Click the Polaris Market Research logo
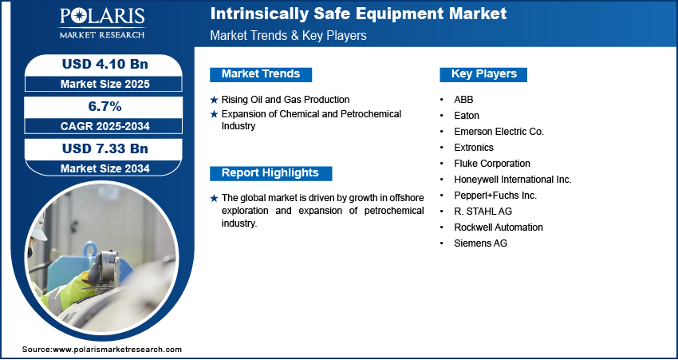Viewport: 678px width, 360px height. [x=102, y=23]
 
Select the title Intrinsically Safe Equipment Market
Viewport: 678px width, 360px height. [x=358, y=14]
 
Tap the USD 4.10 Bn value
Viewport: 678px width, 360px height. [x=105, y=64]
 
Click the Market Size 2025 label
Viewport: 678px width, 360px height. [x=105, y=84]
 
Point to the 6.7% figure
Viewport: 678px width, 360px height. [x=104, y=106]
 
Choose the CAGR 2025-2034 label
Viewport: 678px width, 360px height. [x=105, y=126]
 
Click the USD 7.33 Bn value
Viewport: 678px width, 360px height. [x=105, y=148]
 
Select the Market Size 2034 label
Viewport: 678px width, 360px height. [x=105, y=168]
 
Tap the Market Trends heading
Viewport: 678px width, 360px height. [x=261, y=74]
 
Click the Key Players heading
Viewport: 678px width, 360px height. [x=483, y=74]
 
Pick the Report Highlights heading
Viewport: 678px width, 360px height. [x=270, y=173]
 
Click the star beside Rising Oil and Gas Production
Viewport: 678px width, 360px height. [x=214, y=101]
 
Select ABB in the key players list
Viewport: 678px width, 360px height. [x=463, y=100]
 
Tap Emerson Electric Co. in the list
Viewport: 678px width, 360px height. [x=499, y=132]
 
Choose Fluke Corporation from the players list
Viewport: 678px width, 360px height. [x=492, y=164]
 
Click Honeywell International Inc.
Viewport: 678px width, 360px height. [x=513, y=180]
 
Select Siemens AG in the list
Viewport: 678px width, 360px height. [x=480, y=243]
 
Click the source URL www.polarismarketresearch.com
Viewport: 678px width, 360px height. [x=117, y=349]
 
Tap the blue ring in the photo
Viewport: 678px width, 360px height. [x=90, y=250]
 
